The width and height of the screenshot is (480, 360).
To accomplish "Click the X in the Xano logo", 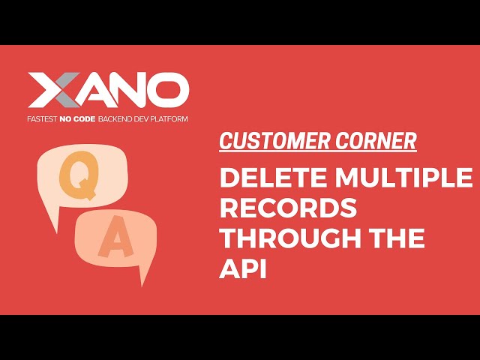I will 53,91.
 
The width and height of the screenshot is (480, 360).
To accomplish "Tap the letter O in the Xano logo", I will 169,91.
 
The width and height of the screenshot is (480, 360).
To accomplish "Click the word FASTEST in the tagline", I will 43,119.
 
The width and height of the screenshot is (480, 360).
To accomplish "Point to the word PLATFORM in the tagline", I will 168,119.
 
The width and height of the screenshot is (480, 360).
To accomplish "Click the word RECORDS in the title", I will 287,208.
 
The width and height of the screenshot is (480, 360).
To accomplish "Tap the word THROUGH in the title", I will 292,239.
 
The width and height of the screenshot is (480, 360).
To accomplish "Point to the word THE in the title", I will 398,239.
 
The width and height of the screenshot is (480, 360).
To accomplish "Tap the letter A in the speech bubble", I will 113,240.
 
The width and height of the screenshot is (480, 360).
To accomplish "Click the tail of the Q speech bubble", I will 52,218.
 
